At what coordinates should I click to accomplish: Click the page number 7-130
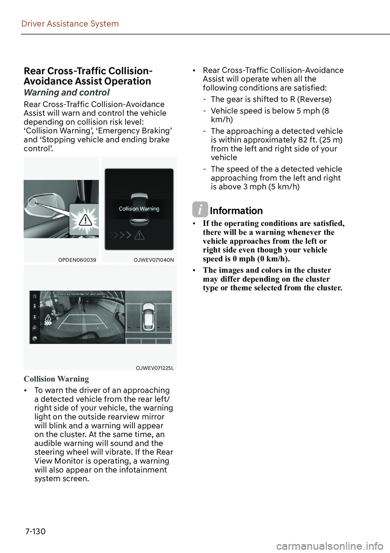35,531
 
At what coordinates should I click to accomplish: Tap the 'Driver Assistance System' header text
70,24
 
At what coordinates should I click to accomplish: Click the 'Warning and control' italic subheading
67,93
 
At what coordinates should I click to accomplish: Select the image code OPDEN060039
77,260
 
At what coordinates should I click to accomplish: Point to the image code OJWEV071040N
154,260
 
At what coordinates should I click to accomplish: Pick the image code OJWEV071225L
155,368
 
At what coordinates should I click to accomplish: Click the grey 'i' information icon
200,210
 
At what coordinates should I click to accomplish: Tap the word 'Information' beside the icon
236,211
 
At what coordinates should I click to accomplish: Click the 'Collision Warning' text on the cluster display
139,209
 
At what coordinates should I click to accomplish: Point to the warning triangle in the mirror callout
85,220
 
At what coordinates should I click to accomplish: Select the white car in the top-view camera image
149,316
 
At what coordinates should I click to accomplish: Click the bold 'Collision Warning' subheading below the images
56,379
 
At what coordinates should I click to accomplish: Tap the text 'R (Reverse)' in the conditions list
311,99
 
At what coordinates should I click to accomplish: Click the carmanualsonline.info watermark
329,546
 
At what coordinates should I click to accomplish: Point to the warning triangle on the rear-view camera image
48,318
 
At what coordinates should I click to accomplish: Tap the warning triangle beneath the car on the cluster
139,235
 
